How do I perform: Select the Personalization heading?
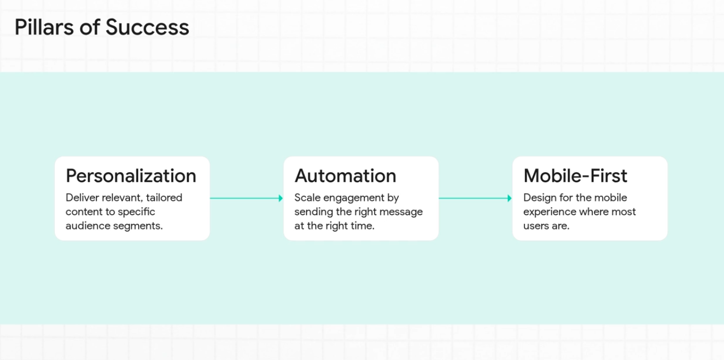coord(131,176)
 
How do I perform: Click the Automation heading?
coord(345,176)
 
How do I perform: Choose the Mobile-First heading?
coord(575,176)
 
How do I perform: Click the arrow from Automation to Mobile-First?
coord(474,198)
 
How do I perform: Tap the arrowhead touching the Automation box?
coord(281,198)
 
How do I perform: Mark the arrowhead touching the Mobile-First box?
coord(510,198)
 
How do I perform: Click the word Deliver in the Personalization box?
coord(82,198)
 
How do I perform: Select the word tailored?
coord(164,198)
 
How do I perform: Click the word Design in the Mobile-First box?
coord(540,198)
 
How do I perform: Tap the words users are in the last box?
coord(546,226)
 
